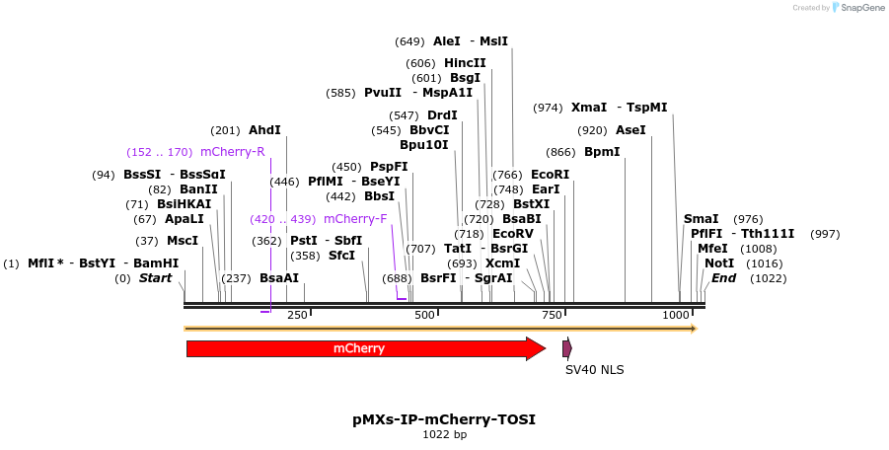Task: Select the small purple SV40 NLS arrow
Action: pyautogui.click(x=566, y=347)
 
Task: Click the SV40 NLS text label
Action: pyautogui.click(x=594, y=370)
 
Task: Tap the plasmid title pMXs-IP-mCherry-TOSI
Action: pyautogui.click(x=444, y=419)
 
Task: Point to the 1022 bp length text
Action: pyautogui.click(x=444, y=434)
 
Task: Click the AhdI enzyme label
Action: pyautogui.click(x=264, y=130)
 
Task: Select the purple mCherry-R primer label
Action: pyautogui.click(x=233, y=152)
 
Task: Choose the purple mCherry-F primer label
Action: pyautogui.click(x=355, y=219)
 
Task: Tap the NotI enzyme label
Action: pyautogui.click(x=719, y=263)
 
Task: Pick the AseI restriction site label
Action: pyautogui.click(x=630, y=130)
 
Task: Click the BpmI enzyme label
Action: pyautogui.click(x=602, y=152)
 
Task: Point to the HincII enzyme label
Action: pyautogui.click(x=465, y=63)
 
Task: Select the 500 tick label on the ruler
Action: pyautogui.click(x=425, y=315)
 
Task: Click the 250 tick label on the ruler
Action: pyautogui.click(x=297, y=315)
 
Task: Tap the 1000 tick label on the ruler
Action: pyautogui.click(x=677, y=315)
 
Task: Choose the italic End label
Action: pyautogui.click(x=724, y=278)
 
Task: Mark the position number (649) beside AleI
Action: pyautogui.click(x=409, y=41)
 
